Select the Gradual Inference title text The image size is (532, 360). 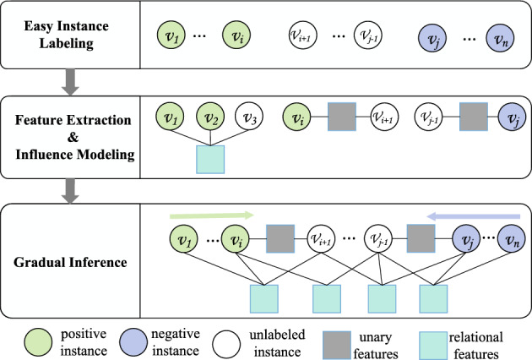[69, 262]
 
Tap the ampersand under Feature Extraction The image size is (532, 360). [69, 138]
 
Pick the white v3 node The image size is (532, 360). [248, 117]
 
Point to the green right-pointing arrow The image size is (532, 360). [211, 216]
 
